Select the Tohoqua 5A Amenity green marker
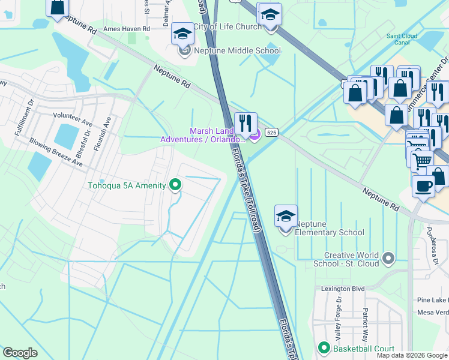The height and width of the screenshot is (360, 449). (175, 185)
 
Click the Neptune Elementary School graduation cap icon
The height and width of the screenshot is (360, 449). (286, 217)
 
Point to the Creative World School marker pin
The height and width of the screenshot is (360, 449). (388, 259)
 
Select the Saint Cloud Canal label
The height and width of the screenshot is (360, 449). (402, 40)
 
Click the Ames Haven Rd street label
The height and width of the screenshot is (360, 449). (126, 28)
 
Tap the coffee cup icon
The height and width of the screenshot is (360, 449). (423, 185)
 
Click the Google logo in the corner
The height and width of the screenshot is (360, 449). (20, 353)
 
